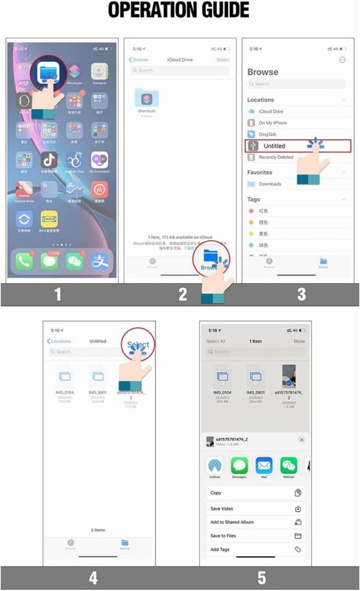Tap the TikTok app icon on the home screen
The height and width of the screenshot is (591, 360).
pos(49,160)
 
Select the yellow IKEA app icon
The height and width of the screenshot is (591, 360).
pos(49,220)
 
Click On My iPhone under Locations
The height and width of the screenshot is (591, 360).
pos(273,123)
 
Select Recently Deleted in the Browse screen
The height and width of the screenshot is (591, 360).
pos(275,157)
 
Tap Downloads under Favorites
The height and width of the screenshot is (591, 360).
pos(270,184)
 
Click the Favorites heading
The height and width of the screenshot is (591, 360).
pos(260,173)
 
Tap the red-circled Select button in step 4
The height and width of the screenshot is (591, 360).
pos(139,345)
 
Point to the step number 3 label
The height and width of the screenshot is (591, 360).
pos(301,294)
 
